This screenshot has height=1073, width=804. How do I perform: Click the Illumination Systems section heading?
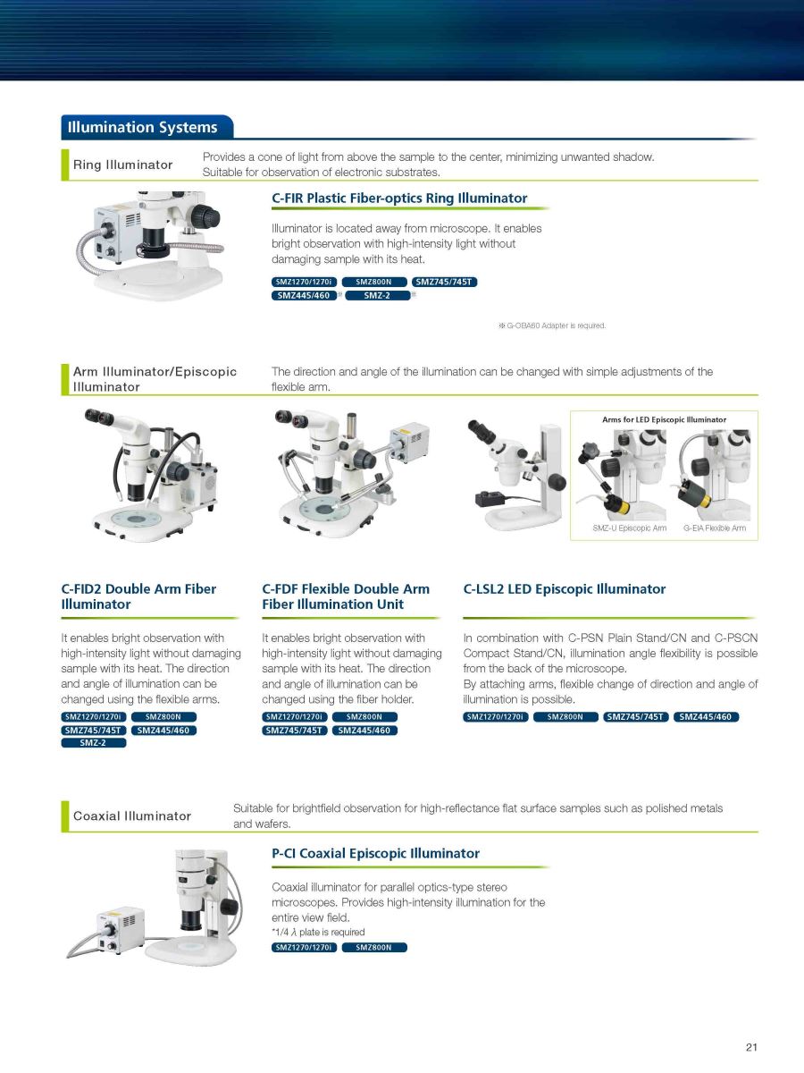coord(142,127)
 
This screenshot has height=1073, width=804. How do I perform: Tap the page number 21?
coord(751,1046)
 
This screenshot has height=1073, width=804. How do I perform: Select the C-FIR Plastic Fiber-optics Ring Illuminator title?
coord(399,198)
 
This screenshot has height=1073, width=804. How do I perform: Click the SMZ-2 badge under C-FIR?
coord(377,295)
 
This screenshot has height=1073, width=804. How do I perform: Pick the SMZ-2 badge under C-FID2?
coord(93,742)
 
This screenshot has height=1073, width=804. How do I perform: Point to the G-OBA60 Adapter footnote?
coord(552,325)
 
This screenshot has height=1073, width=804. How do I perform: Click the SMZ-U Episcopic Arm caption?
coord(629,528)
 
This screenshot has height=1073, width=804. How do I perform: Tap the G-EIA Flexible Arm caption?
coord(714,528)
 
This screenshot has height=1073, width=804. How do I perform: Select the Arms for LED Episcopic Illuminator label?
coord(664,419)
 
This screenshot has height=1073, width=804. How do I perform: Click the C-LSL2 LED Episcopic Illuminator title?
coord(565,589)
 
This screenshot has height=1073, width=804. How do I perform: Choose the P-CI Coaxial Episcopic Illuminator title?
coord(375,853)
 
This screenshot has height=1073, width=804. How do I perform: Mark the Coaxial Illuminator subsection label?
coord(132,815)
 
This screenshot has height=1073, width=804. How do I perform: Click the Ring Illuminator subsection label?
coord(122,165)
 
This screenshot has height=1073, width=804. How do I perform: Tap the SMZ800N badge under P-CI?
coord(374,947)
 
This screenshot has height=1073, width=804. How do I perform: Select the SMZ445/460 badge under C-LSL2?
coord(706,716)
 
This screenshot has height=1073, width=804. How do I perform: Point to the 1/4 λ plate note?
coord(318,932)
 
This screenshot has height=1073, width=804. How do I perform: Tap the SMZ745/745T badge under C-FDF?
coord(295,731)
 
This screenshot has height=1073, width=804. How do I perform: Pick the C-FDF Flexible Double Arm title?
coord(346,596)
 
